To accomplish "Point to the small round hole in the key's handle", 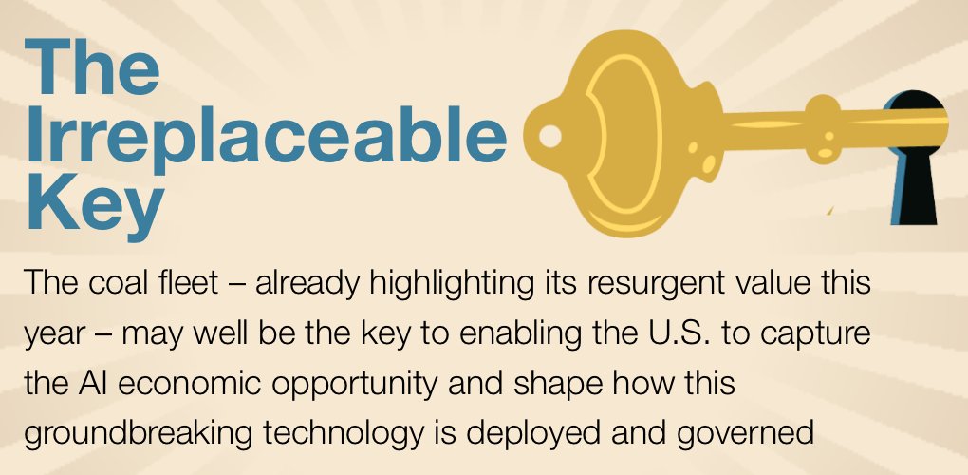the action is click(x=550, y=136).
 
